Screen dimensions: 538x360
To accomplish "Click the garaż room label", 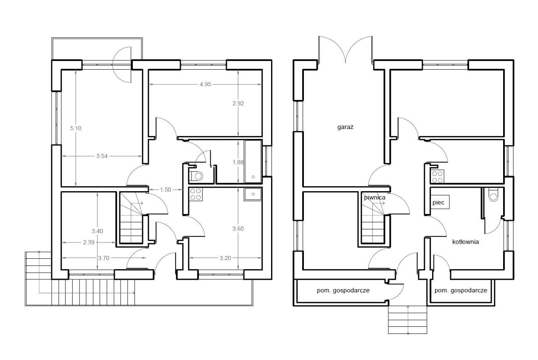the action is tap(345, 127).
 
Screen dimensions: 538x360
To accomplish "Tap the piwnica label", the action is tap(374, 197).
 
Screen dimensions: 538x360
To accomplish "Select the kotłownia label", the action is tap(465, 242).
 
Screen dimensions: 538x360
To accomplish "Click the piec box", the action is tap(440, 202).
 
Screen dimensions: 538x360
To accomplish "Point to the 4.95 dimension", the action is tap(206, 84).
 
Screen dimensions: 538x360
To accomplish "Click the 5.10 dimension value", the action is tap(76, 128).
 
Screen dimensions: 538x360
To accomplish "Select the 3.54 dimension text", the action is tap(102, 156).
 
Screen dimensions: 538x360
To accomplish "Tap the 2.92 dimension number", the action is tap(238, 103).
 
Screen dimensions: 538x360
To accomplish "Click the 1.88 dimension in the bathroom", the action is tap(238, 162).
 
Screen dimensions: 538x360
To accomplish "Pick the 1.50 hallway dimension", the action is tap(166, 189).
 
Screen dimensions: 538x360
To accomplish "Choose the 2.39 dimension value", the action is tap(89, 242).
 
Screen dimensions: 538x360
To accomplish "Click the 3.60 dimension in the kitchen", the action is tap(238, 229).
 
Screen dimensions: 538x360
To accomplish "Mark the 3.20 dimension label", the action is tap(225, 258).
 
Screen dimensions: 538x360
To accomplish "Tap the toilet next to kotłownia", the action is tap(493, 194).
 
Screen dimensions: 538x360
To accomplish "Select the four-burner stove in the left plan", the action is tap(196, 194).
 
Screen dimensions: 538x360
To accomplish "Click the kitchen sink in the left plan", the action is tap(253, 194).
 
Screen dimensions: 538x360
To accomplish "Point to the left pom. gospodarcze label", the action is tap(343, 290).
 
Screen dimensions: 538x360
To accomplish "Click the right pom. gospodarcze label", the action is tap(461, 290).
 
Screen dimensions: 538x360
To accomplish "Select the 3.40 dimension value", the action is tap(97, 231).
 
